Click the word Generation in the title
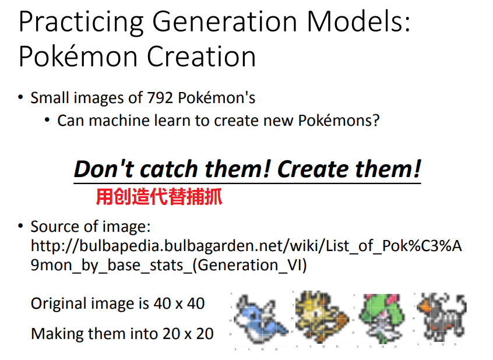tap(225, 23)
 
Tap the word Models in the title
tap(359, 22)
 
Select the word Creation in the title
tap(201, 57)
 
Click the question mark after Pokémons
tap(376, 121)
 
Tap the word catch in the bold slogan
tap(169, 169)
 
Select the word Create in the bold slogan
tap(312, 169)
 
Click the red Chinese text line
tap(159, 197)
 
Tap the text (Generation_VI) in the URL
tap(249, 265)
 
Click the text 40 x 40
tap(179, 303)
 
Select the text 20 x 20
tap(188, 334)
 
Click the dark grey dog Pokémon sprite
tap(442, 317)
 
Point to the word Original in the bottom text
tap(58, 303)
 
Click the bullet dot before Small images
tap(21, 97)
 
